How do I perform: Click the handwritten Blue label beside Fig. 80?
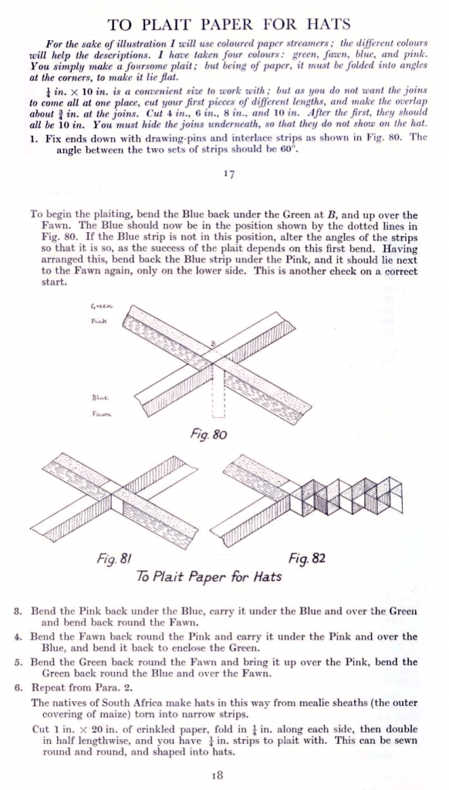point(98,399)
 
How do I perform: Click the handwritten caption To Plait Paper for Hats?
point(208,576)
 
